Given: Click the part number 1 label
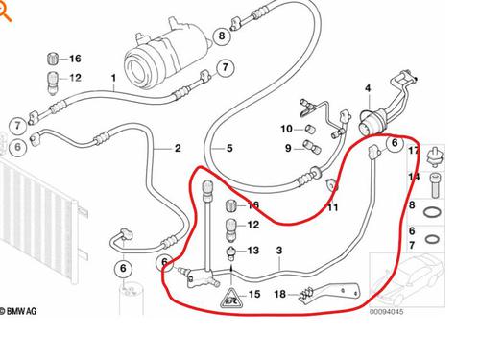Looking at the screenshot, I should (113, 77).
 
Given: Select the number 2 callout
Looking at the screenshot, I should (177, 149).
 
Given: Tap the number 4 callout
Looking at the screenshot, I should (367, 89).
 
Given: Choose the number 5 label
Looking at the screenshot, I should (229, 149).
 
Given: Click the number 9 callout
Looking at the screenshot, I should (288, 147).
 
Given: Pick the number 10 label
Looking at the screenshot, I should (286, 129).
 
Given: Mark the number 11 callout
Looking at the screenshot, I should (333, 207).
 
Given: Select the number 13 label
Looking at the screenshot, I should (253, 251).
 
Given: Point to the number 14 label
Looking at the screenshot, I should (415, 178).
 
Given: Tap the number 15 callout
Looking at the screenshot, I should (254, 295).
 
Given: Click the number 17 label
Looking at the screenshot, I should (414, 152).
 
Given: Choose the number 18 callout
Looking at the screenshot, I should (279, 294).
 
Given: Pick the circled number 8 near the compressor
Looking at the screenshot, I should (222, 37).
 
